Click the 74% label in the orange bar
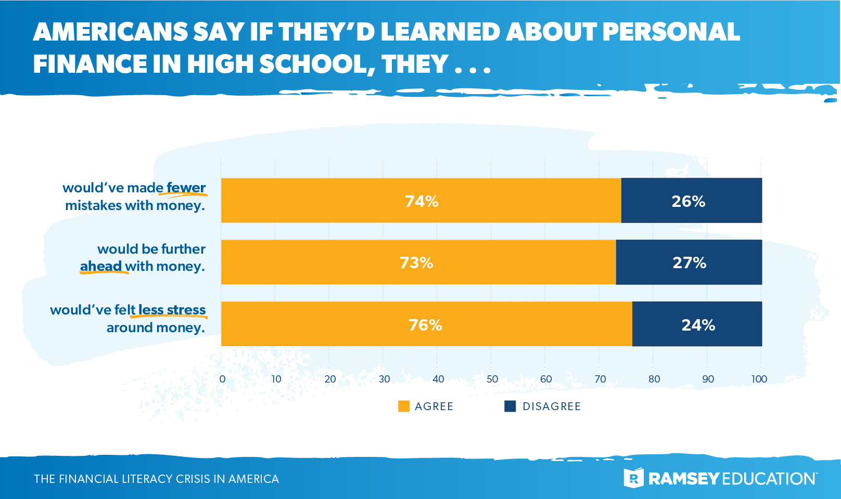422,201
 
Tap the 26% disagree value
688,201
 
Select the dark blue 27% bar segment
689,262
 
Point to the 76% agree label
425,325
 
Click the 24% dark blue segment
698,325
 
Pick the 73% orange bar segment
416,262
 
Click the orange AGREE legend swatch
404,406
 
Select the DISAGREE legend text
552,406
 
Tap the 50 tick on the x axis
492,379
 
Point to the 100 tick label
759,379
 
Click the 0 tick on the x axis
222,379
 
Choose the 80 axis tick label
654,379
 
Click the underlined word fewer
186,188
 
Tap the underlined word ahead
101,266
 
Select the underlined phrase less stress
172,310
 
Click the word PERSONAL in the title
671,32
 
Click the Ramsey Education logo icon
633,478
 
